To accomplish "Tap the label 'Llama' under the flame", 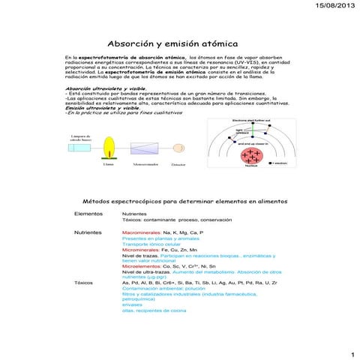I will click(x=109, y=163).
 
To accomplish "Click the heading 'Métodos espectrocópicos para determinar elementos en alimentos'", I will click(x=179, y=201).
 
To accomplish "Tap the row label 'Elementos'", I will click(x=88, y=214).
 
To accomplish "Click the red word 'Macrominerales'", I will click(x=140, y=233).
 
